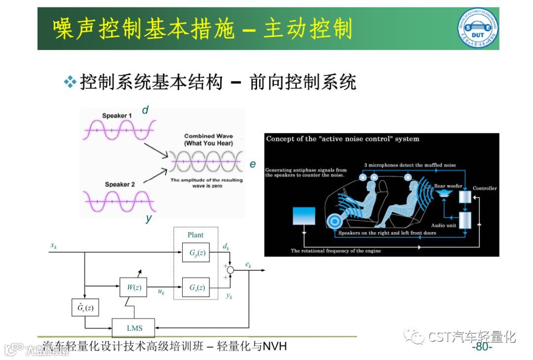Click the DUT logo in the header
[477, 29]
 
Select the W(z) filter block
[133, 287]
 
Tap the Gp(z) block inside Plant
[196, 253]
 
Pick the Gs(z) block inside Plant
[196, 287]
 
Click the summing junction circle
[230, 270]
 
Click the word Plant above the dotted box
[195, 235]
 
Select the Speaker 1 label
[117, 116]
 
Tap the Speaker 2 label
[120, 185]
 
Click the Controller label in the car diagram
[485, 188]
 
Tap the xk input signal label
[53, 245]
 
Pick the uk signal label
[161, 292]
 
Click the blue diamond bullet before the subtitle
[71, 82]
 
